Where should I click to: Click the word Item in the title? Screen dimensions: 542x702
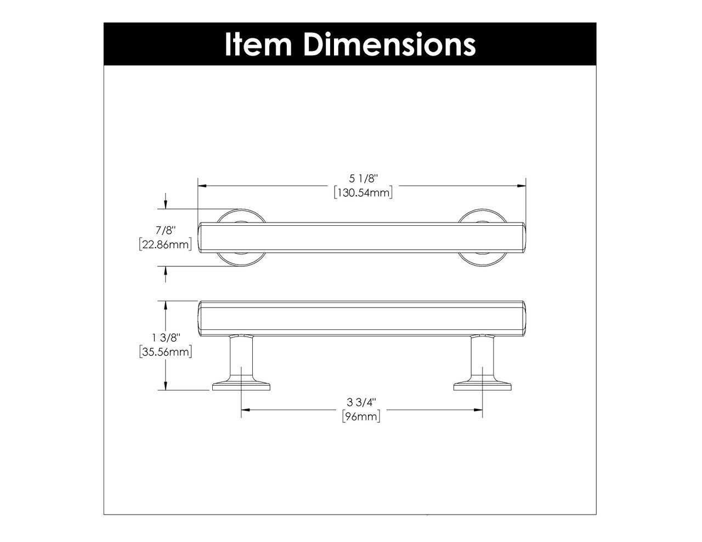coord(259,44)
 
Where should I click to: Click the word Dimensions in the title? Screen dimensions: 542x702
coord(389,44)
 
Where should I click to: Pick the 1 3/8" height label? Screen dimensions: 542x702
coord(165,338)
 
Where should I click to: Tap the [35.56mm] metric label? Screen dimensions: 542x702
coord(165,352)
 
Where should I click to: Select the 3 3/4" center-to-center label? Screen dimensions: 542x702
coord(361,403)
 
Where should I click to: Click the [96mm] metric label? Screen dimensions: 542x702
coord(361,417)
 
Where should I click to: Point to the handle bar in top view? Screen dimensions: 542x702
coord(362,238)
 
